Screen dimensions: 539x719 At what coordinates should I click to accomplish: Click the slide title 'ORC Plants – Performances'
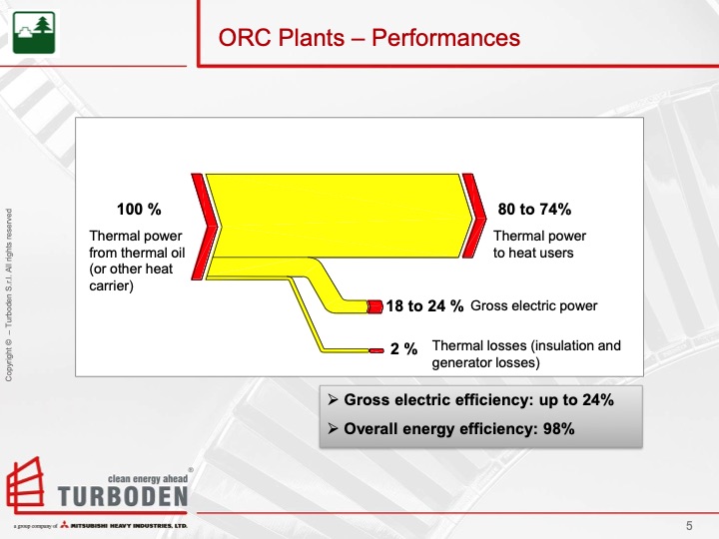pos(369,38)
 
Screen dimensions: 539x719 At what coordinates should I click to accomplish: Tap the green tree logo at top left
pos(34,32)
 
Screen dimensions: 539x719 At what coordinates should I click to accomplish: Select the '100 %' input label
pos(139,210)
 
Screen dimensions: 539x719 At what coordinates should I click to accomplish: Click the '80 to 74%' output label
pos(534,210)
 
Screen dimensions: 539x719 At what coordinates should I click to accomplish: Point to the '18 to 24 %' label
pos(424,306)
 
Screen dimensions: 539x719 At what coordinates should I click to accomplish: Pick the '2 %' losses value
pos(403,349)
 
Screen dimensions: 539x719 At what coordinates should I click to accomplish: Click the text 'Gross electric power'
pos(533,305)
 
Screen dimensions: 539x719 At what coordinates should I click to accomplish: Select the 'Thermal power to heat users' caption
pos(540,244)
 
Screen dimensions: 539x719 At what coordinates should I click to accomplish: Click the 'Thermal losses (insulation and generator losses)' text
pos(525,354)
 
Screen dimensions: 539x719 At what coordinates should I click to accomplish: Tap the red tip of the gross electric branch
pos(375,306)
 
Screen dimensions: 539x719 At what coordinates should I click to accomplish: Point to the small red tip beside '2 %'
pos(376,350)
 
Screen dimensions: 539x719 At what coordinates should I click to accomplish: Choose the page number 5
pos(689,526)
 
